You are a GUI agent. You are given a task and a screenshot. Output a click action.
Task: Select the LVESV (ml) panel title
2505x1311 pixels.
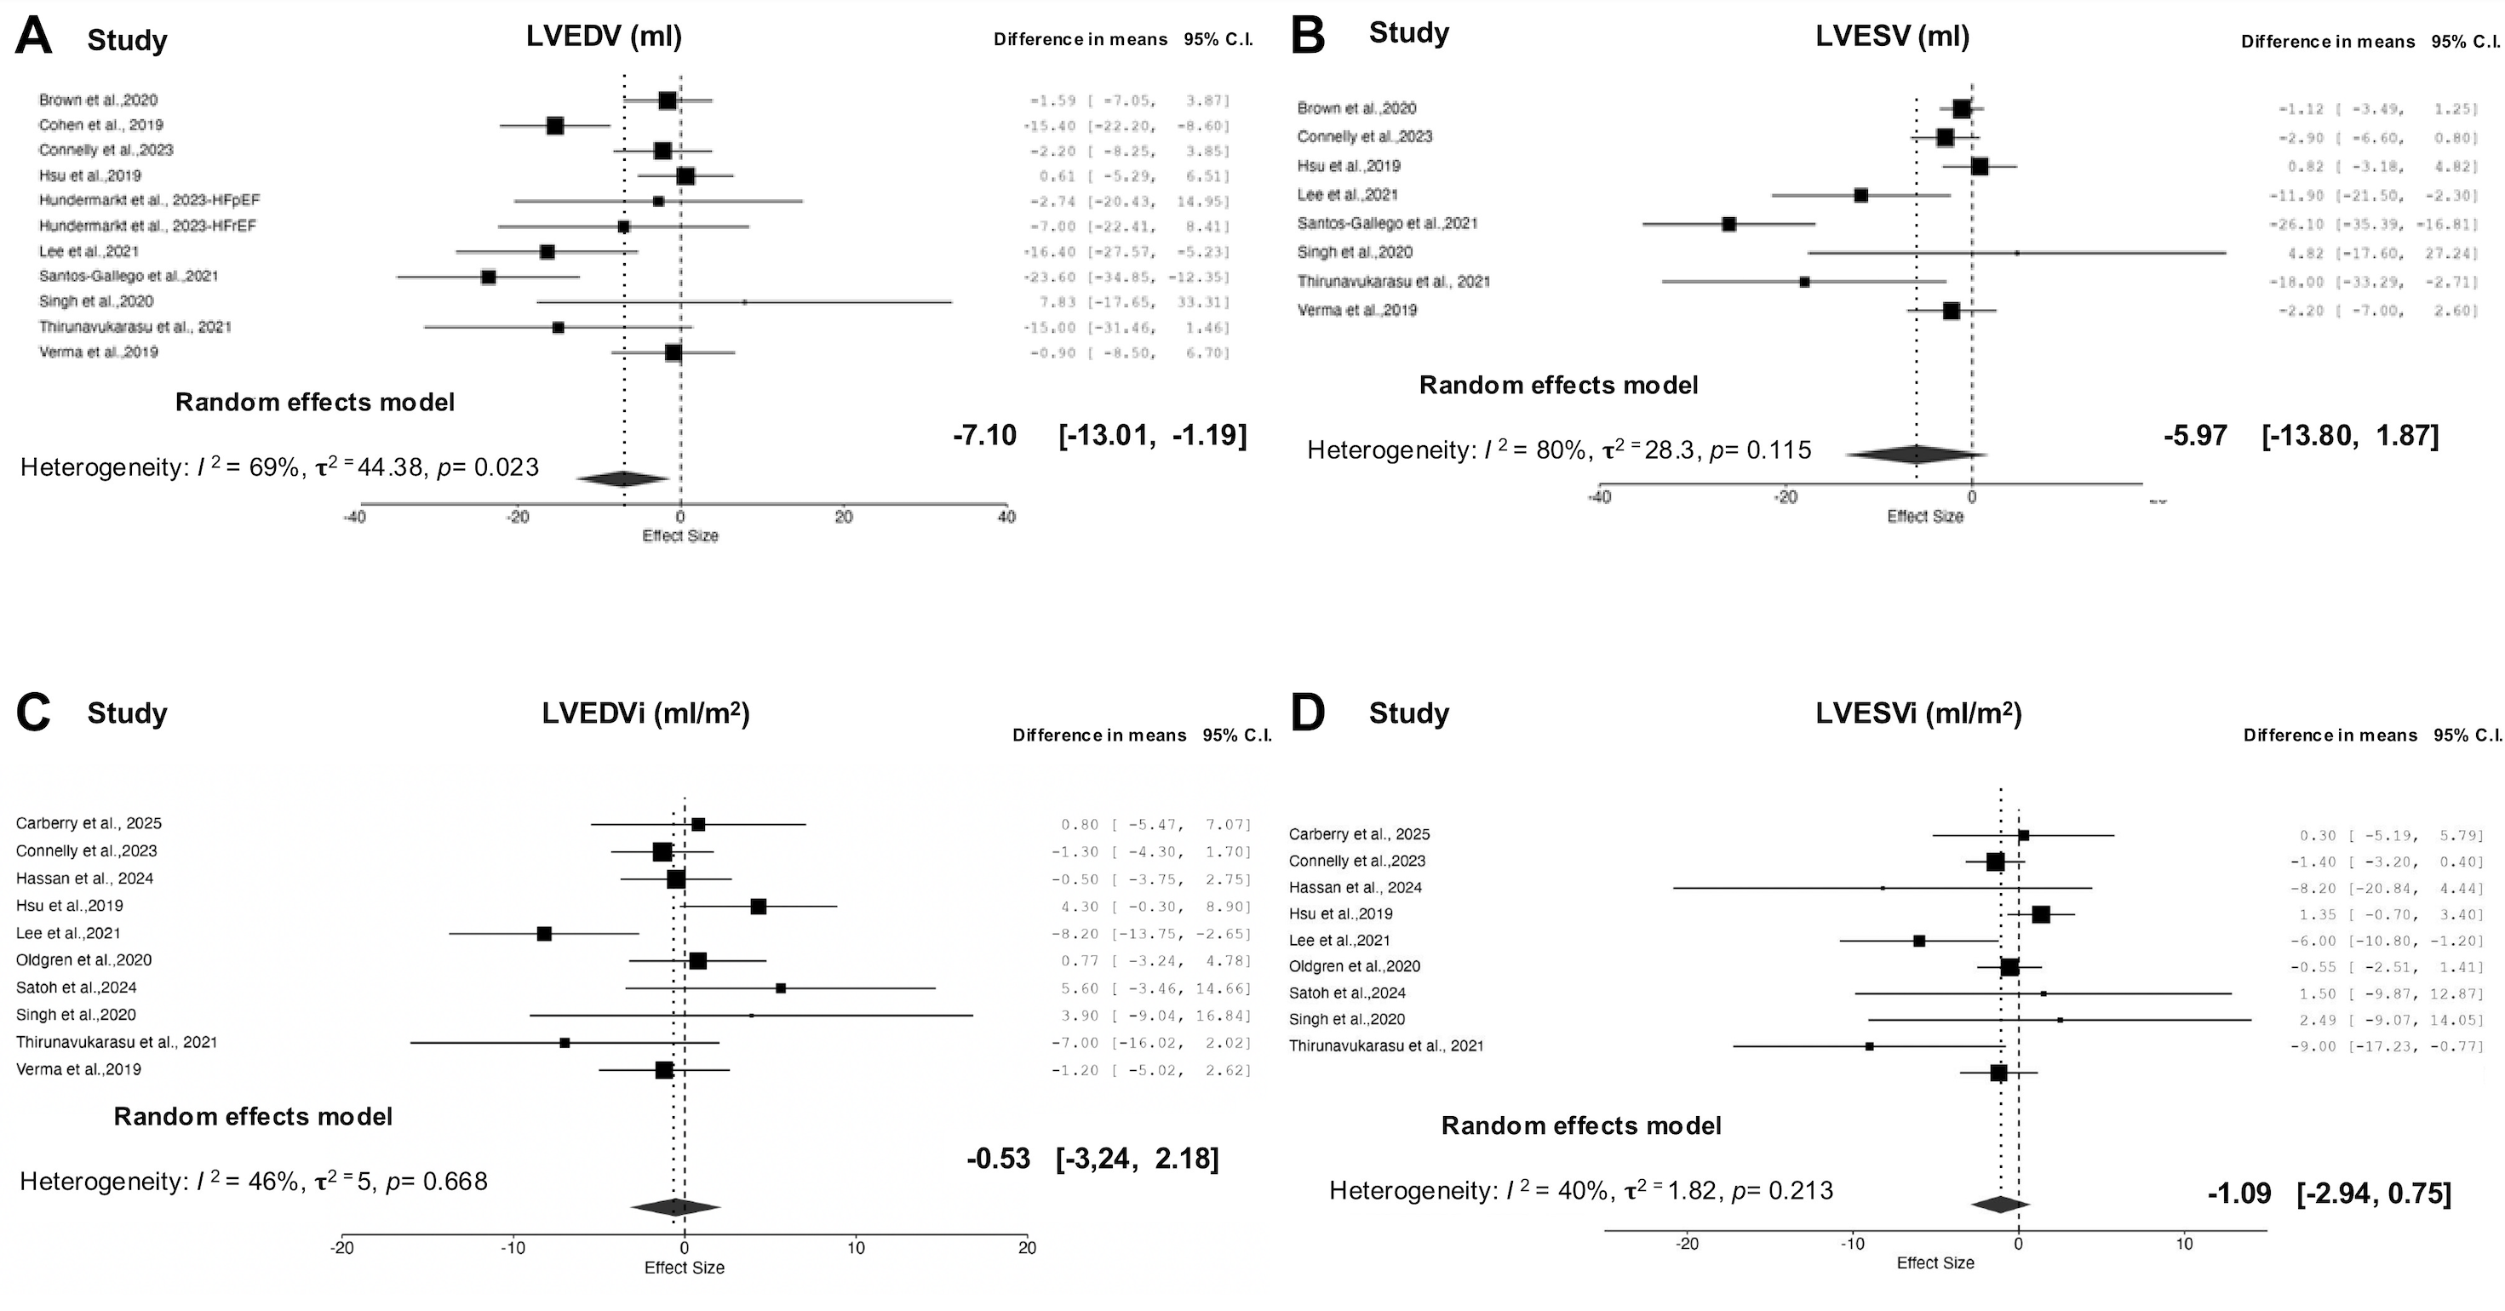pyautogui.click(x=1892, y=36)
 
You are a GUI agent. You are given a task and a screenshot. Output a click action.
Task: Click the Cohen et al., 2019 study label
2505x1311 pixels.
pyautogui.click(x=101, y=124)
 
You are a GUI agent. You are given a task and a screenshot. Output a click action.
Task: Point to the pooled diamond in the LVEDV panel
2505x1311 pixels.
pyautogui.click(x=622, y=478)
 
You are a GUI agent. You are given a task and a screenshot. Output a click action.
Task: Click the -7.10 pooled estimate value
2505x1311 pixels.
pyautogui.click(x=984, y=435)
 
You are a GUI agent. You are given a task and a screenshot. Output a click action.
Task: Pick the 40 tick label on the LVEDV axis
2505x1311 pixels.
pyautogui.click(x=1006, y=518)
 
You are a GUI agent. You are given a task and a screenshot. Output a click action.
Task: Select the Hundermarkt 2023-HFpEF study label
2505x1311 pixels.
pyautogui.click(x=150, y=200)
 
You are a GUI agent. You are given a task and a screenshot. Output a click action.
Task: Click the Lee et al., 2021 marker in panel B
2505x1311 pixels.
pyautogui.click(x=1860, y=196)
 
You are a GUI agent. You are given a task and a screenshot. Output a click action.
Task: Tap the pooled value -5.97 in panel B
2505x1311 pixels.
pyautogui.click(x=2195, y=435)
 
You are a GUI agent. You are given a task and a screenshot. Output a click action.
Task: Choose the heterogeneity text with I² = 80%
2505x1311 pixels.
pyautogui.click(x=1559, y=450)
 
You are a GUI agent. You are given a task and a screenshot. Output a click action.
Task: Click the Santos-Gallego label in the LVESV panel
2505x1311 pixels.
pyautogui.click(x=1387, y=224)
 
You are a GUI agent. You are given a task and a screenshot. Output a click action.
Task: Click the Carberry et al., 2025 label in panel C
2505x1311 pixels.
pyautogui.click(x=89, y=822)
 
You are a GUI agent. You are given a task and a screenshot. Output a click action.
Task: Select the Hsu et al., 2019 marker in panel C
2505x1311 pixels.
pyautogui.click(x=759, y=907)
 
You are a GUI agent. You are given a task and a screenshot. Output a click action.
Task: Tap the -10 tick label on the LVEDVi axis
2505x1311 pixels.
pyautogui.click(x=513, y=1249)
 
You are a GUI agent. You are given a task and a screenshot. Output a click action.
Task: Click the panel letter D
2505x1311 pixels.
pyautogui.click(x=1307, y=713)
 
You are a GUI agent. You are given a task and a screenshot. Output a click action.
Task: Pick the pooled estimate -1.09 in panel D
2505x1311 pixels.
pyautogui.click(x=2238, y=1194)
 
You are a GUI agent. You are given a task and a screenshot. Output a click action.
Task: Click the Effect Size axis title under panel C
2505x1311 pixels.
pyautogui.click(x=685, y=1268)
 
